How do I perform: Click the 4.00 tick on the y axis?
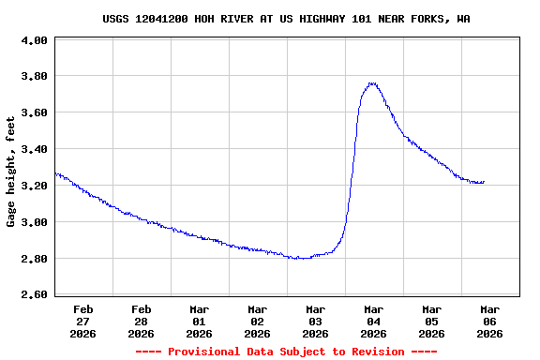(34, 41)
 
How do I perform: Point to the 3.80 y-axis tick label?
(34, 77)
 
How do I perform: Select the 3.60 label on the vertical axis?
(34, 113)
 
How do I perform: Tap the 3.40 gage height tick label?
(34, 150)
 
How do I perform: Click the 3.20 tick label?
(34, 186)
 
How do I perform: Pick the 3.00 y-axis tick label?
(34, 222)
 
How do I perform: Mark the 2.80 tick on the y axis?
(34, 259)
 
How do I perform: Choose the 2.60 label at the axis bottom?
(34, 295)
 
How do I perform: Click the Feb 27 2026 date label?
(82, 321)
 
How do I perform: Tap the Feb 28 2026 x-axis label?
(141, 321)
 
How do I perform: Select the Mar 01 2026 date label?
(199, 321)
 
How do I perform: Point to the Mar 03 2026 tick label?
(315, 321)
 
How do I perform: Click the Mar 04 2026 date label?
(373, 321)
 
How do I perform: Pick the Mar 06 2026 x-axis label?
(489, 321)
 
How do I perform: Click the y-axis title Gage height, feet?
(11, 172)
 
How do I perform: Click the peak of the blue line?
(372, 82)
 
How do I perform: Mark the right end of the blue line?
(484, 182)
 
